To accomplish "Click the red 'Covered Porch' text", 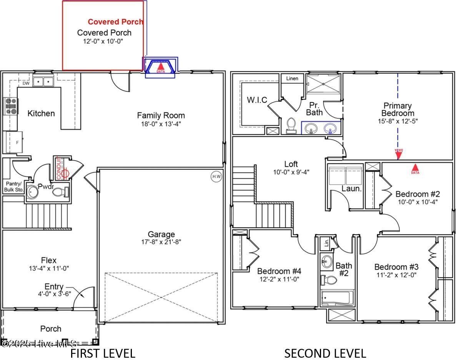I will [x=115, y=22].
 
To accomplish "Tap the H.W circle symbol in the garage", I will [x=216, y=176].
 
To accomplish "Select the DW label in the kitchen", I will [x=26, y=83].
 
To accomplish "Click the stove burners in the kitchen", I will [x=11, y=106].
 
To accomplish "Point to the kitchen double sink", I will [x=43, y=81].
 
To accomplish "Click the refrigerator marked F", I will [x=13, y=142].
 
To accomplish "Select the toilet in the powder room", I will [x=61, y=191].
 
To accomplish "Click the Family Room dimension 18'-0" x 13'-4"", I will [x=161, y=124].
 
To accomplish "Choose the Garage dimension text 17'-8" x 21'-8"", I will [x=161, y=242].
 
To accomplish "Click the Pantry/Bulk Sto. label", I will [x=14, y=187].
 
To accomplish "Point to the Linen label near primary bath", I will [x=292, y=78].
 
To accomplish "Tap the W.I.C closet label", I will [x=256, y=100].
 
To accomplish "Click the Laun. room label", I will [x=352, y=189].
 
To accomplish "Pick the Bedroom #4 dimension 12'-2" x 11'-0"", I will [x=278, y=279].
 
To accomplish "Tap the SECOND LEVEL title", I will [x=325, y=353].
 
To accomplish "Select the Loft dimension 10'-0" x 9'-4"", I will [x=291, y=172].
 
